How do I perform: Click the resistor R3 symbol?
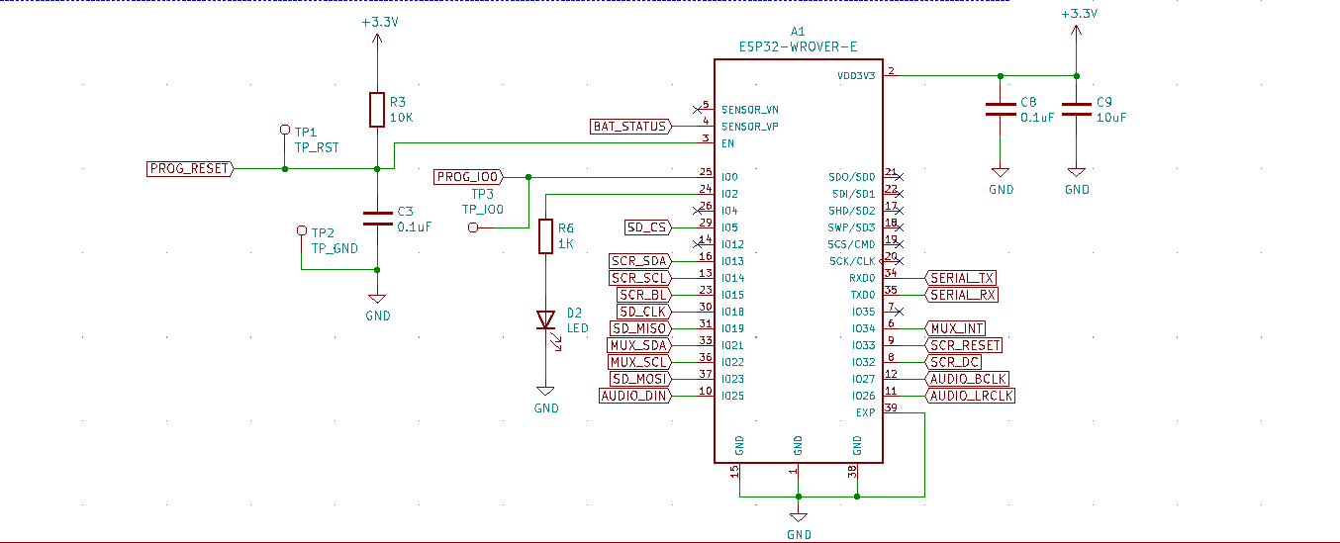(376, 110)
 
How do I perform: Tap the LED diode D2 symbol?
(545, 319)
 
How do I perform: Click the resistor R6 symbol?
(545, 236)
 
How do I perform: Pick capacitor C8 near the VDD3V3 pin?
(1001, 111)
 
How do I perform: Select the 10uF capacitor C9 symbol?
(1076, 111)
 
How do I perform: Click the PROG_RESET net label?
(189, 169)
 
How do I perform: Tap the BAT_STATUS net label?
(629, 127)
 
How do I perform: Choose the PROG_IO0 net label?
(468, 177)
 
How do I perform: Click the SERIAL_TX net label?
(962, 278)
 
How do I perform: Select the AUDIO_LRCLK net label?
(971, 396)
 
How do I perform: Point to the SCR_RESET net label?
(964, 345)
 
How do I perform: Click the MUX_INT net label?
(956, 328)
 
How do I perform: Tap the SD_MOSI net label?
(639, 379)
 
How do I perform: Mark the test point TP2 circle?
(302, 230)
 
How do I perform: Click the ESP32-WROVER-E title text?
(798, 46)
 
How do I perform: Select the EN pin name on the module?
(728, 143)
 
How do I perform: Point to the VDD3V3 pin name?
(855, 76)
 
